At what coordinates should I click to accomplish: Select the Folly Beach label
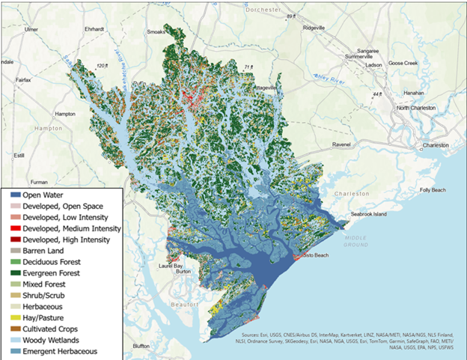pos(430,190)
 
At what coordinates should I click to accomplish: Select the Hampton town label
pos(65,114)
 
